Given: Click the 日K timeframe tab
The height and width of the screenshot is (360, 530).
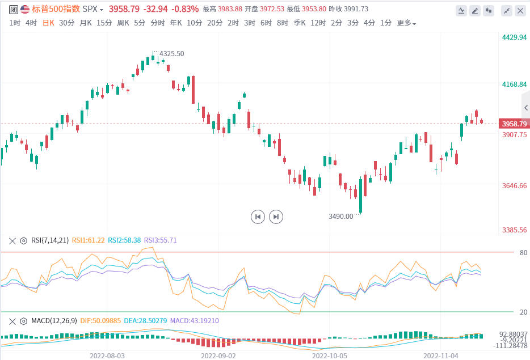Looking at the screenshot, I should pyautogui.click(x=49, y=23).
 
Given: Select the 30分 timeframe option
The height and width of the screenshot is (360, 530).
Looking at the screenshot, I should pyautogui.click(x=66, y=23).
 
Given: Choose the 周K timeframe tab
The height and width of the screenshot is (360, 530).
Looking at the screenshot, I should pyautogui.click(x=123, y=23).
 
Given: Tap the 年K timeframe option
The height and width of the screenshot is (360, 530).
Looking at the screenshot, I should pyautogui.click(x=176, y=23).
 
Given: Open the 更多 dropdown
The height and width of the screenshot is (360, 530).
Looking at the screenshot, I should pyautogui.click(x=406, y=23).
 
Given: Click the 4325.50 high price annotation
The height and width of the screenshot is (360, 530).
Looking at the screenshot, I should pyautogui.click(x=172, y=54).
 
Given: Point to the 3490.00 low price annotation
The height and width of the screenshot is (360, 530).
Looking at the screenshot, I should pyautogui.click(x=340, y=216).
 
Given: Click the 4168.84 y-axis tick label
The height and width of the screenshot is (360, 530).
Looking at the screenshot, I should pyautogui.click(x=515, y=84).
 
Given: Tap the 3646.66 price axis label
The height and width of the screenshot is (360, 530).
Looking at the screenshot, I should pyautogui.click(x=515, y=185).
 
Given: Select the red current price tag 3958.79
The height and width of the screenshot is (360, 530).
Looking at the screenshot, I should pyautogui.click(x=514, y=124).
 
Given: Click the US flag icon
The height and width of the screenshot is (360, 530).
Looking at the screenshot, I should pyautogui.click(x=25, y=9).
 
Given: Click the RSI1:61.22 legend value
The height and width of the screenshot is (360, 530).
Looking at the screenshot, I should pyautogui.click(x=88, y=240).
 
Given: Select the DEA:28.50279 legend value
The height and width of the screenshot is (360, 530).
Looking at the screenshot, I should pyautogui.click(x=145, y=321).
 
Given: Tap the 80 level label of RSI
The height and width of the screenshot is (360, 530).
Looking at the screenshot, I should pyautogui.click(x=523, y=253).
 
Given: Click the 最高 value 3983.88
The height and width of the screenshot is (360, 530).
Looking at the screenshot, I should pyautogui.click(x=230, y=9).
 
